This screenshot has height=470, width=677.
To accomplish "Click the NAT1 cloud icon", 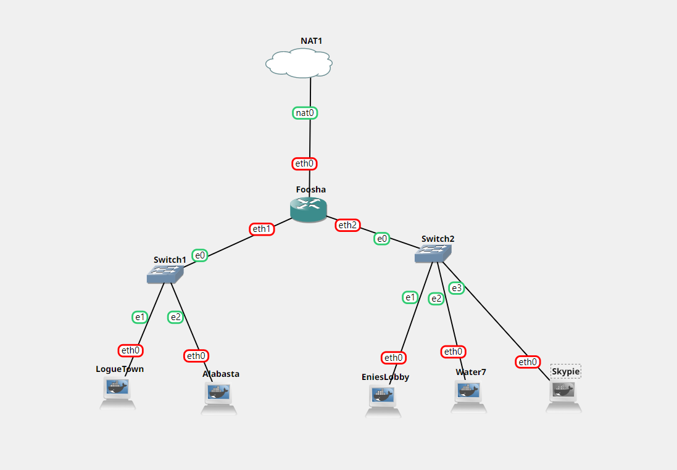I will click(x=299, y=63).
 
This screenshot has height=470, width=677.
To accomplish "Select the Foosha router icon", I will click(x=308, y=210).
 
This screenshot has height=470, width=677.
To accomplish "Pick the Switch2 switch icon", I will click(x=433, y=253).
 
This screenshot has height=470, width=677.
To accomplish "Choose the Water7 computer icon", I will click(x=468, y=395).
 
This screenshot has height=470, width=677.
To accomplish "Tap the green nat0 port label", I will click(x=305, y=113).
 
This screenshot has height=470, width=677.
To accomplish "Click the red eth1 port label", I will click(x=262, y=229).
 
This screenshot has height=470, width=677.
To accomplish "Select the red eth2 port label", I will click(x=347, y=225).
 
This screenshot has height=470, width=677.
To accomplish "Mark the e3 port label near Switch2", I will click(x=456, y=287).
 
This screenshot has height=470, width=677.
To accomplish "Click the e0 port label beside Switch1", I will click(x=200, y=255).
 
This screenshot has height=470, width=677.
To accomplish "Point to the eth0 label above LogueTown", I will click(x=131, y=350).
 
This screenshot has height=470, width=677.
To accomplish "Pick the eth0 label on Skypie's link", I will click(x=528, y=362).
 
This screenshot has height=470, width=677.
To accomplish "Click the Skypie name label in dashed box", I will click(x=566, y=371).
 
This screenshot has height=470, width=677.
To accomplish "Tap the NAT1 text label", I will click(x=312, y=41).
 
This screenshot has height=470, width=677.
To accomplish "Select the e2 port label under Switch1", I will click(x=176, y=317).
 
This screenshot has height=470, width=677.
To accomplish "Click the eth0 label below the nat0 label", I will click(x=305, y=163).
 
